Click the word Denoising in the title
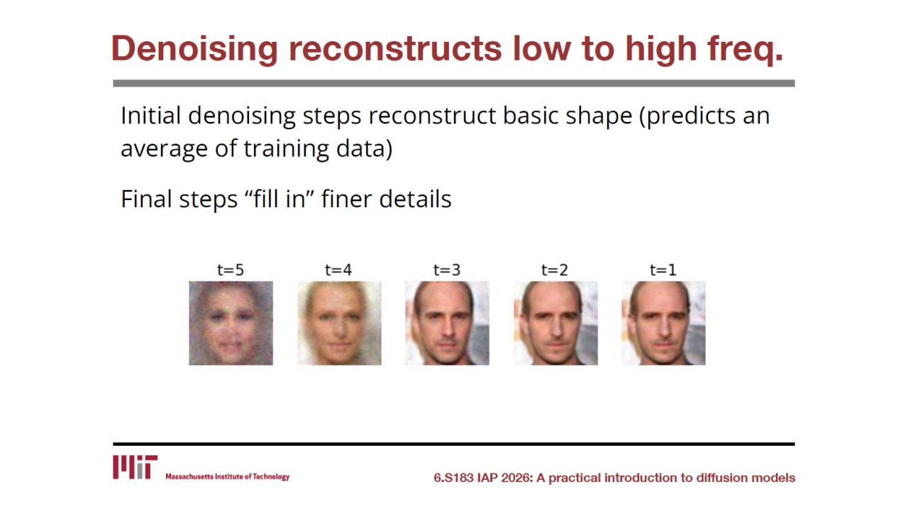(x=194, y=49)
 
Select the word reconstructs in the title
(x=395, y=49)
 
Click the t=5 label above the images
(x=231, y=270)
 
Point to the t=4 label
(x=338, y=270)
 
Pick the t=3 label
(x=447, y=270)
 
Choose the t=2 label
(x=555, y=270)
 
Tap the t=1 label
(x=663, y=270)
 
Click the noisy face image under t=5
(x=231, y=323)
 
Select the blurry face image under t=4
(x=339, y=323)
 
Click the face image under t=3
(x=447, y=323)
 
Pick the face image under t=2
(x=555, y=323)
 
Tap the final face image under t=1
(x=663, y=323)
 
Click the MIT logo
(x=135, y=467)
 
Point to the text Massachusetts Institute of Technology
(x=228, y=476)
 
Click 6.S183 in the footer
(x=453, y=478)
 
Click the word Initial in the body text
(x=151, y=116)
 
